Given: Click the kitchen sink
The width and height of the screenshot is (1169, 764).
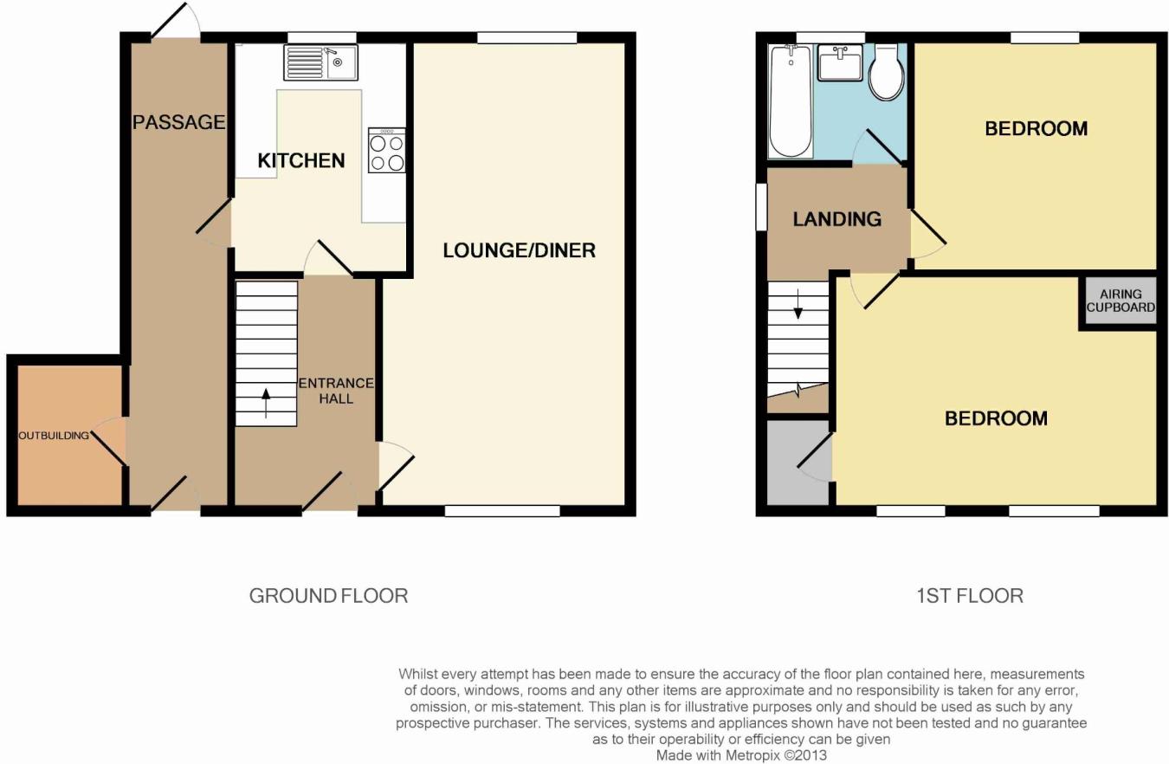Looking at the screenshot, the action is [x=321, y=62].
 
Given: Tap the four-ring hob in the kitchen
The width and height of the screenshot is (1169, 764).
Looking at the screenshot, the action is [x=387, y=151].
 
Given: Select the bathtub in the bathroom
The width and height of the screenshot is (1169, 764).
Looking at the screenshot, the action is [x=791, y=101].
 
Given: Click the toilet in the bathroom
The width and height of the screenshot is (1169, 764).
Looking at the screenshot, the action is [x=887, y=72].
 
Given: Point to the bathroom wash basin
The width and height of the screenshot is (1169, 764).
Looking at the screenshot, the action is [x=840, y=62].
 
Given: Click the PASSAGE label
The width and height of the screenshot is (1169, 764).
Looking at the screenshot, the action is [x=179, y=122].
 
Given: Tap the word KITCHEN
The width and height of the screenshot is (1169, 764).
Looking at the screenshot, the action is [x=301, y=160].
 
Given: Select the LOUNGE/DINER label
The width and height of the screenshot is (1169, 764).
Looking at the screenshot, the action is [x=520, y=250].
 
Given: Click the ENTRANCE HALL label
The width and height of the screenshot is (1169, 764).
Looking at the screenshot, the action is [x=336, y=391].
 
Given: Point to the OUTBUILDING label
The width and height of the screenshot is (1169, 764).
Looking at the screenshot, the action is [x=54, y=436].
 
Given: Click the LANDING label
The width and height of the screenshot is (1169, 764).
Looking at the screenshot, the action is [x=837, y=219].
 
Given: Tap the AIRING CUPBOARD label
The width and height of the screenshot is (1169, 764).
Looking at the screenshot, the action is [x=1121, y=301].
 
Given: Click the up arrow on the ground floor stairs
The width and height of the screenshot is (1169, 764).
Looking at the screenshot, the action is [x=266, y=403].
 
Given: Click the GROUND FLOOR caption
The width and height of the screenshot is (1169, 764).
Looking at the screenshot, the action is [x=328, y=596].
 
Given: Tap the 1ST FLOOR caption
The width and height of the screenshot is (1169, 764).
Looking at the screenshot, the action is [x=970, y=596].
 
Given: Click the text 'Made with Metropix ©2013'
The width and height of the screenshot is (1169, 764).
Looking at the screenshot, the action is [x=741, y=755].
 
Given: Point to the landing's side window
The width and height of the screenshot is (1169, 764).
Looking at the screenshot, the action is [x=761, y=206].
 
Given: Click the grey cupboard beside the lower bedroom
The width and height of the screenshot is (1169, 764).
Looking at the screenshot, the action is [x=798, y=463].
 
